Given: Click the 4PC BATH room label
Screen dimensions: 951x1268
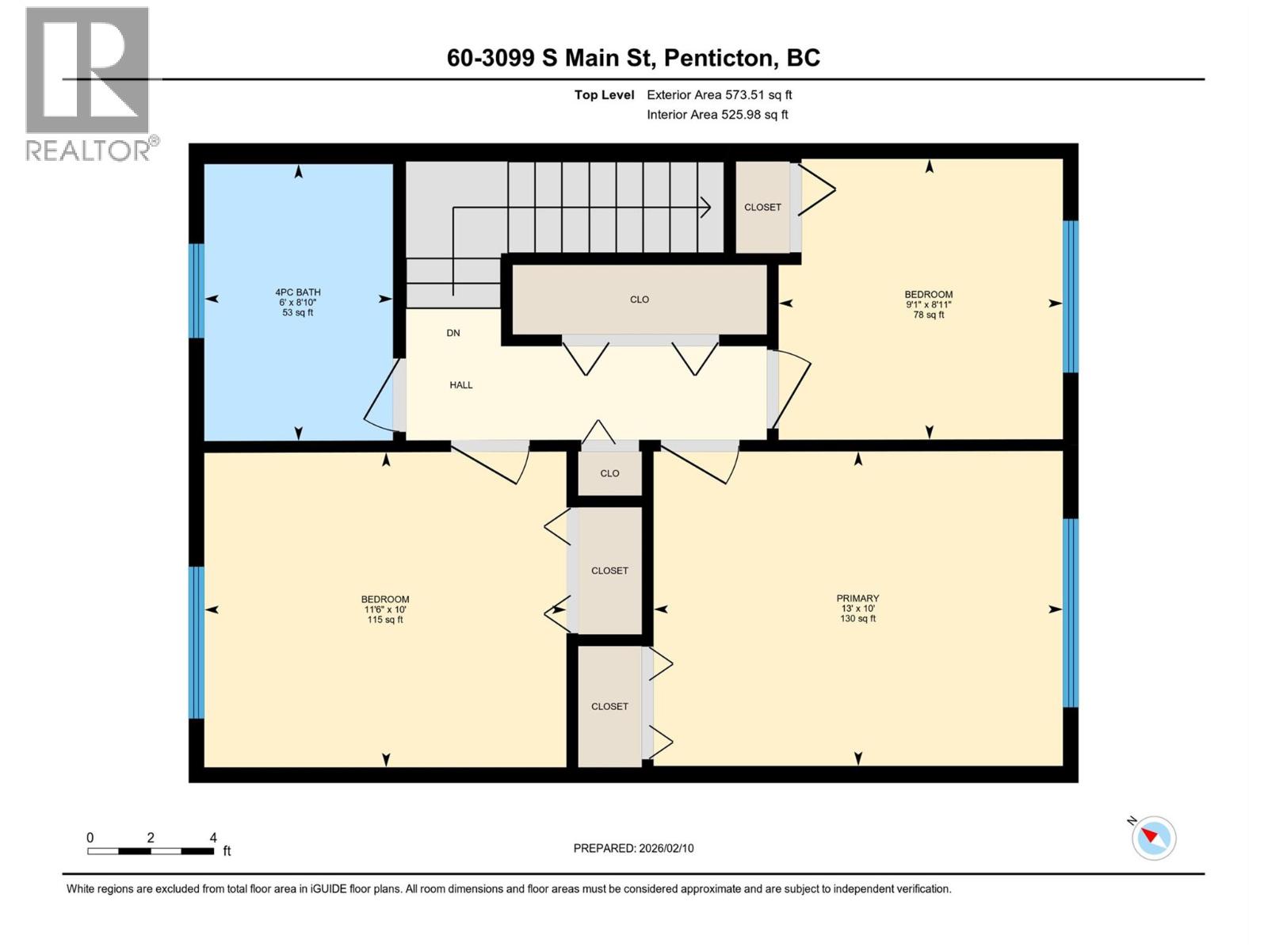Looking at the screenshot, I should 298,292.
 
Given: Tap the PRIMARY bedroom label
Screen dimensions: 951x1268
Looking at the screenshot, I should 857,598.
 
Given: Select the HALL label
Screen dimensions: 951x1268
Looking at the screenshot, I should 460,385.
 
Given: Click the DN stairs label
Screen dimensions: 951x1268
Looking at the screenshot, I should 453,333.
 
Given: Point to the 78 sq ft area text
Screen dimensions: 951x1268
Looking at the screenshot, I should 929,315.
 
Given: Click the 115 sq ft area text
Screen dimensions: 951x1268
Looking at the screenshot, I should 385,620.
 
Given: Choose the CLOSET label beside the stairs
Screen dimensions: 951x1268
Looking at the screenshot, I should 762,207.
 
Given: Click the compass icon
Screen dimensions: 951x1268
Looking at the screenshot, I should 1153,838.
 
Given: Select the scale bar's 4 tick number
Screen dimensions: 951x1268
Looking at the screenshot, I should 212,838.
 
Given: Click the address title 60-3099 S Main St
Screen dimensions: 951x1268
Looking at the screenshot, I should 633,58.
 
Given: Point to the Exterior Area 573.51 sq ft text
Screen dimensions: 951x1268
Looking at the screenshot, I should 719,95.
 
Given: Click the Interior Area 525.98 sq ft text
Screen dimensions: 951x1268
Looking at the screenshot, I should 717,115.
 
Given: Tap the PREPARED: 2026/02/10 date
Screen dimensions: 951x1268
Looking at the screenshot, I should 633,848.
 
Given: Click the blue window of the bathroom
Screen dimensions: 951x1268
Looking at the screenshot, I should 196,290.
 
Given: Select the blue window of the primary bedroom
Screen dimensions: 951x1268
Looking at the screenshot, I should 1071,612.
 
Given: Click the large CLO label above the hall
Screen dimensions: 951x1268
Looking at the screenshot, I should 640,300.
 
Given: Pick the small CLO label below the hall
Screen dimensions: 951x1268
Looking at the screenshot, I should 609,473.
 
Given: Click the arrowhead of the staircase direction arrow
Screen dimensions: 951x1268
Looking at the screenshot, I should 705,208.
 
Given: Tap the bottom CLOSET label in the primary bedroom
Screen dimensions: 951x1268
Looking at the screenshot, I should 609,706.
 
